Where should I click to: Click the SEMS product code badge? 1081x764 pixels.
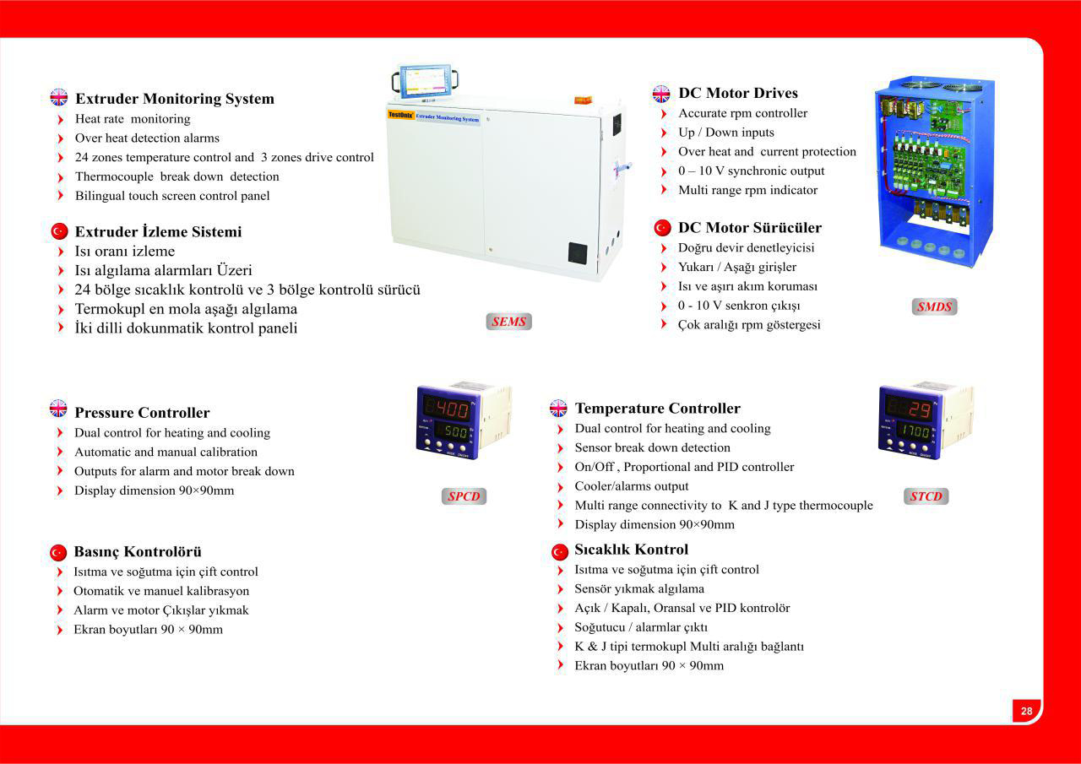(x=508, y=322)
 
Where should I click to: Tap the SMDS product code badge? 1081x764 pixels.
(x=934, y=306)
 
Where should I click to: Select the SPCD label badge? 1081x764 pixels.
(x=464, y=496)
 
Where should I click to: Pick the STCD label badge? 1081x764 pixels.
(x=926, y=496)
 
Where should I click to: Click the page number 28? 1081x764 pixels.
(x=1026, y=711)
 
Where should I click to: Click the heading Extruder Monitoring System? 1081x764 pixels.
(x=175, y=99)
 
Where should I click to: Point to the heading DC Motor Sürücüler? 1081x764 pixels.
(x=749, y=227)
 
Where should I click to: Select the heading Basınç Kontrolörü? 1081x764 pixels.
(x=138, y=551)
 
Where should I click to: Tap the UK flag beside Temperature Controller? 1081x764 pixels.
(x=558, y=408)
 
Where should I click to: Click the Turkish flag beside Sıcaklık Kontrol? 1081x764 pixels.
(x=560, y=552)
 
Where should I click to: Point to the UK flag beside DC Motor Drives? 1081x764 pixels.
(x=661, y=94)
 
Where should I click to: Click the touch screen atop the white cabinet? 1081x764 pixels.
(x=425, y=80)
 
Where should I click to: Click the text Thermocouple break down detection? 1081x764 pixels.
(x=177, y=176)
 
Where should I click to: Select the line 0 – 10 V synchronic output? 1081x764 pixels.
(x=752, y=171)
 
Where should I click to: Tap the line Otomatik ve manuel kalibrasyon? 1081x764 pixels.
(x=161, y=591)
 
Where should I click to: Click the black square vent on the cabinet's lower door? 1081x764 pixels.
(x=578, y=253)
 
